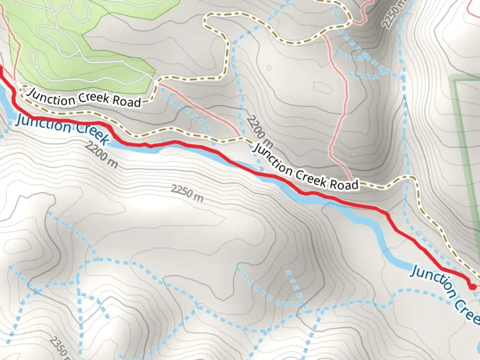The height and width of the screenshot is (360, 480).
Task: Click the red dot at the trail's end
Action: pyautogui.click(x=472, y=286)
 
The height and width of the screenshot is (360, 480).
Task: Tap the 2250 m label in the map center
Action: pyautogui.click(x=187, y=194)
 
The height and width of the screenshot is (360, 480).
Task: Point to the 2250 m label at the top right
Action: pyautogui.click(x=395, y=15)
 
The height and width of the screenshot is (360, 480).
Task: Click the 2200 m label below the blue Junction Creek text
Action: pyautogui.click(x=101, y=154)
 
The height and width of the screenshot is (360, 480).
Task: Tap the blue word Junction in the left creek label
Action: pyautogui.click(x=43, y=123)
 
